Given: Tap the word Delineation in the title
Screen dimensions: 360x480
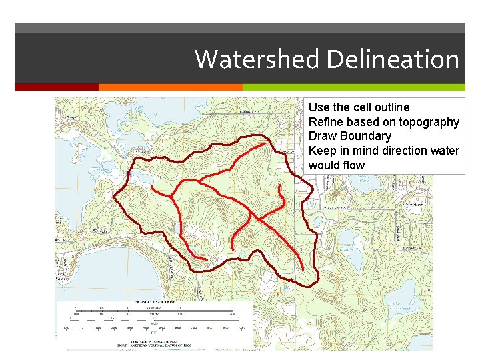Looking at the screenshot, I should (x=392, y=59).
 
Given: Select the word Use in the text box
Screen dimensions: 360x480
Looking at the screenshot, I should (x=319, y=107).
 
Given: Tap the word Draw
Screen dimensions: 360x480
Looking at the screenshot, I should (x=323, y=136).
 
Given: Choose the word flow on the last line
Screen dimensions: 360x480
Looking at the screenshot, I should (x=353, y=165).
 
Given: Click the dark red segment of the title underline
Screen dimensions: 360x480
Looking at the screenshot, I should (x=57, y=87).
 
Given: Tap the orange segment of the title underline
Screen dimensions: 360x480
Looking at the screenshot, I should (x=170, y=87).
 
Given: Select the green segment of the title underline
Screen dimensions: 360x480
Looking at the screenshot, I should (x=353, y=87).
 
